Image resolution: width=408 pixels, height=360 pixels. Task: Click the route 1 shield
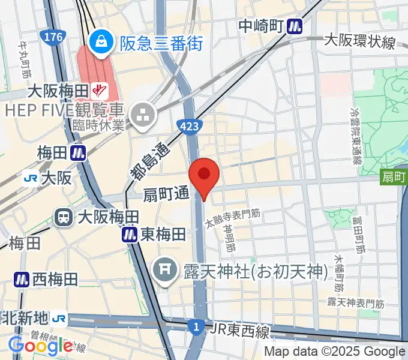pyautogui.click(x=194, y=326)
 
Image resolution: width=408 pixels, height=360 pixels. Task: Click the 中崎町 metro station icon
pyautogui.click(x=295, y=26)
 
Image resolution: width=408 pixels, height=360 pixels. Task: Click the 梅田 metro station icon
pyautogui.click(x=77, y=153)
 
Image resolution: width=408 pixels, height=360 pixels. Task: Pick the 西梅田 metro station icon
pyautogui.click(x=23, y=278)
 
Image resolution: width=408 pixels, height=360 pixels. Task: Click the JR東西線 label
pyautogui.click(x=240, y=329)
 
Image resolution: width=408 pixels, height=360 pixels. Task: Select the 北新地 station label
pyautogui.click(x=27, y=317)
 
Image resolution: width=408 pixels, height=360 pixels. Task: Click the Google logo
pyautogui.click(x=40, y=345)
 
